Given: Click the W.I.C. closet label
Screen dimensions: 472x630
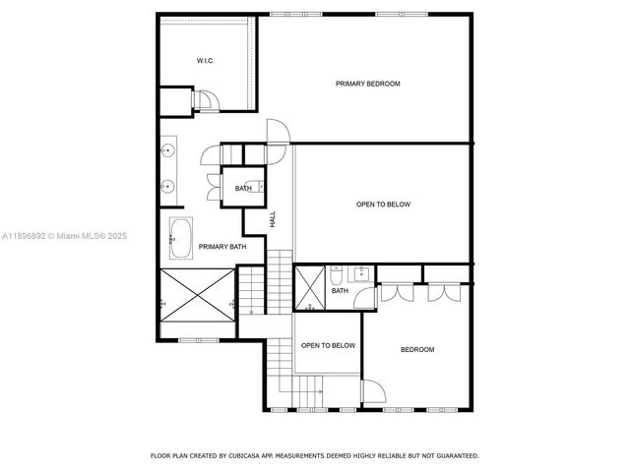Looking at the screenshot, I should tap(205, 61).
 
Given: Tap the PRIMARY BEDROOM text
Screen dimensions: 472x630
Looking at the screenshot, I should tap(367, 84).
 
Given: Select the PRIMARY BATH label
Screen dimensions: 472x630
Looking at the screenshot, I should tap(221, 246).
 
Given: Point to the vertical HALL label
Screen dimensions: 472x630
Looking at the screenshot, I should tap(273, 221).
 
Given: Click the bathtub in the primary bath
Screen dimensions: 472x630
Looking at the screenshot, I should tap(181, 236).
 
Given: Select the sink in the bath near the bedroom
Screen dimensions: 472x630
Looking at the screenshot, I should tap(362, 272).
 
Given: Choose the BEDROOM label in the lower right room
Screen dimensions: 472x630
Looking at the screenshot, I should tap(416, 349).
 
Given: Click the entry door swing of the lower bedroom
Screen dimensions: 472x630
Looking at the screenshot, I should tap(373, 392).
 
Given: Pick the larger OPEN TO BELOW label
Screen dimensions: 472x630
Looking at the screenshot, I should tap(383, 205).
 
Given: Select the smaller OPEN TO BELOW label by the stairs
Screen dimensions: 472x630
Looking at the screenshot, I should tap(328, 345).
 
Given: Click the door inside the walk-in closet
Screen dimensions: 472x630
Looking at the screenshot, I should tap(209, 98).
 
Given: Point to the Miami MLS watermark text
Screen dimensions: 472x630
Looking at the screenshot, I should tap(57, 236).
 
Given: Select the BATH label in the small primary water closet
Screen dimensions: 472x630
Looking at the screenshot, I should tap(243, 188).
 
